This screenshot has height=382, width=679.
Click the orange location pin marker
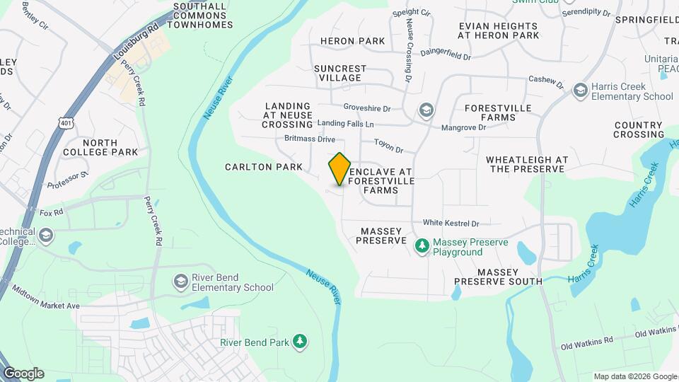340,168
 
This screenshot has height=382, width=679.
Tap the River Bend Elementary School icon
180,282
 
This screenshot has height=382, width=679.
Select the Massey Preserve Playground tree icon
422,246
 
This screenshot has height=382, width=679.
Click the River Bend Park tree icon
301,342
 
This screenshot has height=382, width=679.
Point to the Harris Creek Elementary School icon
581,91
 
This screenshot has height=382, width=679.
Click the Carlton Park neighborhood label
264,168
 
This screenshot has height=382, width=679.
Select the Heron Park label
353,41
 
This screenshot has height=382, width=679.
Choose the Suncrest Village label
341,73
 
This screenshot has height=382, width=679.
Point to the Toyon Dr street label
388,150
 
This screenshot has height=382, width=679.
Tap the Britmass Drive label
310,139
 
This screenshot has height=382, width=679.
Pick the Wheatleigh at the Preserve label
527,164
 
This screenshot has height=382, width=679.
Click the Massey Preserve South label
499,277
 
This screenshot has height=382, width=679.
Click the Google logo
23,374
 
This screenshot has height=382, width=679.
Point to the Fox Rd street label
52,212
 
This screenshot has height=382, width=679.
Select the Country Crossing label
639,129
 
